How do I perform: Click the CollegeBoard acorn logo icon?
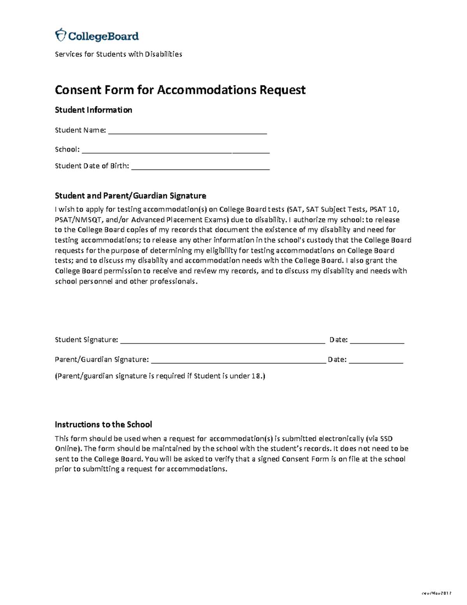(61, 35)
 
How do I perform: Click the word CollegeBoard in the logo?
(104, 37)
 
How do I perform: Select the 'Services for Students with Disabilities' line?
(118, 54)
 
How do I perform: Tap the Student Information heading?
(93, 110)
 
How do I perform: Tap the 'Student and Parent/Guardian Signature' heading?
(130, 196)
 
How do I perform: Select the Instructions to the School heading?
(103, 425)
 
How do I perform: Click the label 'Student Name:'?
(80, 130)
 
